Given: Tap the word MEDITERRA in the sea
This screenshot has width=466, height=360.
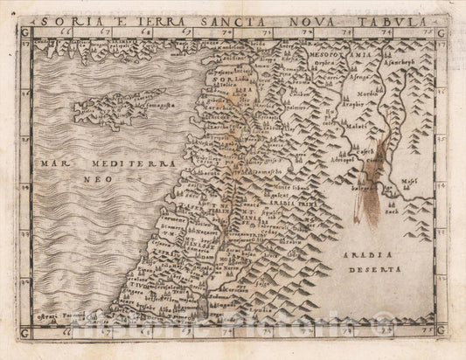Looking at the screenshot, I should pyautogui.click(x=126, y=163).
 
